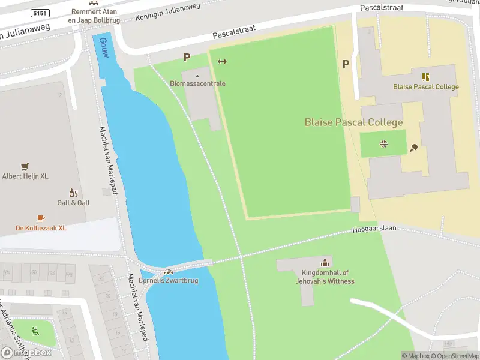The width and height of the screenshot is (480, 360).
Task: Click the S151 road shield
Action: (40, 13)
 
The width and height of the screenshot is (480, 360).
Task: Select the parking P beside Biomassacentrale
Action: (187, 58)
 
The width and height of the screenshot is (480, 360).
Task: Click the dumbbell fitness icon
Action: (222, 61)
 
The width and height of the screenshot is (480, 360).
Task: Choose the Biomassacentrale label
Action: (197, 83)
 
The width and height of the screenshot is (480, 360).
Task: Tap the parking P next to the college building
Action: (345, 64)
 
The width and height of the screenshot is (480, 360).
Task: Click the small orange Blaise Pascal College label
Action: (425, 86)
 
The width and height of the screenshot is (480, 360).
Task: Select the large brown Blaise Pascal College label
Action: (353, 122)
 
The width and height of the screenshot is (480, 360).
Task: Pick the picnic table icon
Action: (383, 143)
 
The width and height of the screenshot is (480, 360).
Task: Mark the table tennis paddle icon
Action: (413, 148)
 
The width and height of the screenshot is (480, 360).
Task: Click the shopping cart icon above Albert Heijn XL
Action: (25, 166)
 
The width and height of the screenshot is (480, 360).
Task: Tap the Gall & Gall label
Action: (73, 203)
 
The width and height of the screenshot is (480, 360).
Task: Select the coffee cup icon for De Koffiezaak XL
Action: (41, 218)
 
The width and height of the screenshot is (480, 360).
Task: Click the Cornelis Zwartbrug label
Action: (168, 280)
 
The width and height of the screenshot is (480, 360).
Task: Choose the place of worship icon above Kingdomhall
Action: (325, 262)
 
